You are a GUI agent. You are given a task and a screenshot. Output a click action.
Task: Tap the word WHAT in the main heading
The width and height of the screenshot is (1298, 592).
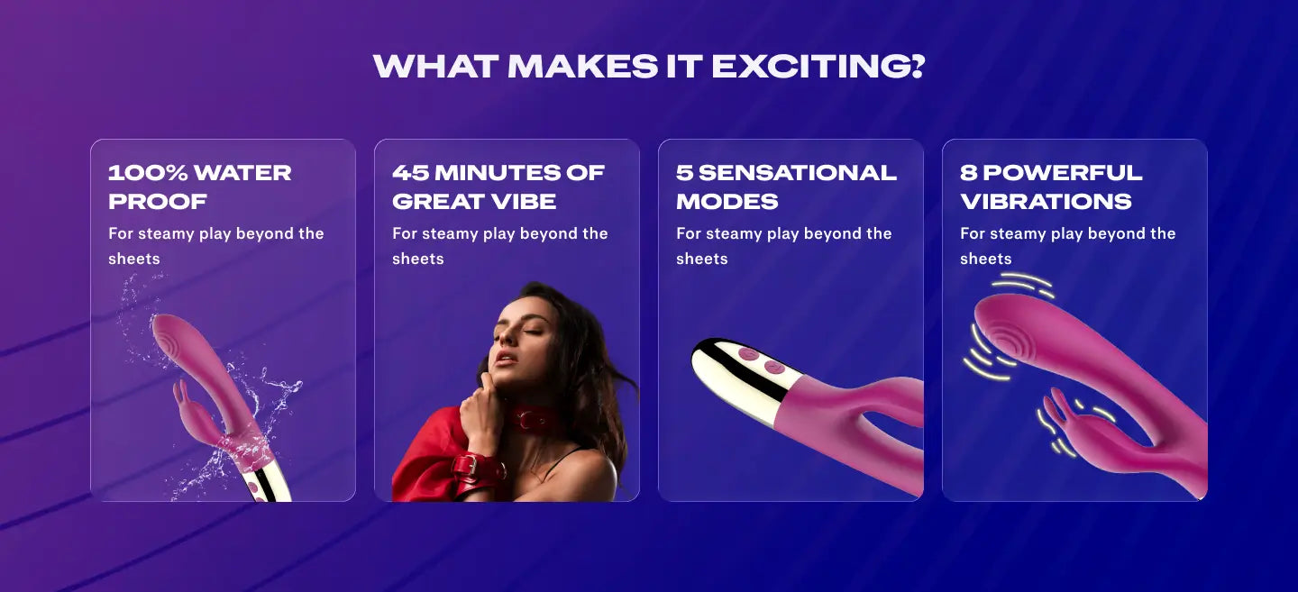[435, 66]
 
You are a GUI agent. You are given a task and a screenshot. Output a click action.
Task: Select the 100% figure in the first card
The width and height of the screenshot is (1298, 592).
[147, 173]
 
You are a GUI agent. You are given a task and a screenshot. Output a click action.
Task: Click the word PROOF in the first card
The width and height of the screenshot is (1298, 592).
[157, 202]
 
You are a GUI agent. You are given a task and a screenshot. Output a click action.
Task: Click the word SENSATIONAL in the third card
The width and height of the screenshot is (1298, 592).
[798, 173]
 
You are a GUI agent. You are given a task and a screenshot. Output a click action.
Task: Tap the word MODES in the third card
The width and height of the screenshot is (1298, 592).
[727, 202]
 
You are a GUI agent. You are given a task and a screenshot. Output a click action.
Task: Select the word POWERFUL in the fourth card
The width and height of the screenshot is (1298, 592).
[1062, 173]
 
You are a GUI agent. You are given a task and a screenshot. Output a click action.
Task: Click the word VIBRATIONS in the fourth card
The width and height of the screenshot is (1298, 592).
[1046, 202]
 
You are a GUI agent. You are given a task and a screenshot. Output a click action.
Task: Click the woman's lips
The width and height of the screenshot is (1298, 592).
[506, 360]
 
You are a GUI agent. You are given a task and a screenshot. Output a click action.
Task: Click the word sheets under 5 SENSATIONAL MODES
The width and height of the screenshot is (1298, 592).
[701, 259]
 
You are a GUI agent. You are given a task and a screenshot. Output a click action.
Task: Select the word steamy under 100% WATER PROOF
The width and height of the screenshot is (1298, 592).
[166, 234]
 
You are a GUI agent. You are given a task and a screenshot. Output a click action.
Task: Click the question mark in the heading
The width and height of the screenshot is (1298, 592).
[918, 66]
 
